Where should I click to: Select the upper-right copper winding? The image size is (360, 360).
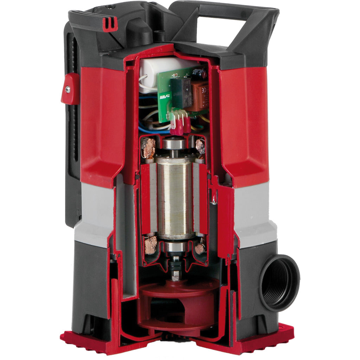[x=200, y=146]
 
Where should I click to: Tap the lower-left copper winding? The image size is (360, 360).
[x=150, y=245]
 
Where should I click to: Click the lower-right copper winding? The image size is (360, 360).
[x=200, y=248]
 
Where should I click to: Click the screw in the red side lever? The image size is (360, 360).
[x=67, y=90]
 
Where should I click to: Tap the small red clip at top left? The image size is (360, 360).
[x=110, y=24]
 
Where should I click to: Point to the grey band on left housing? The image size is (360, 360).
[x=94, y=214]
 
